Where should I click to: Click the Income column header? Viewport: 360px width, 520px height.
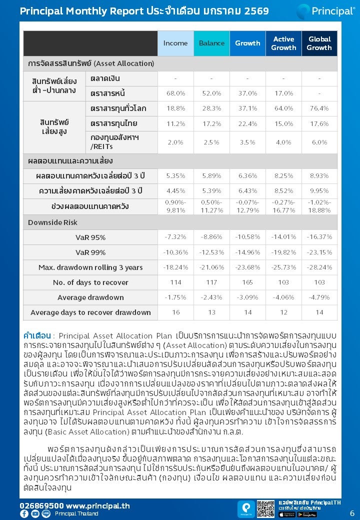point(175,43)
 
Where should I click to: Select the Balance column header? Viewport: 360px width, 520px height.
point(211,43)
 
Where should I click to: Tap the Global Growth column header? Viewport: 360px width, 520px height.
point(319,43)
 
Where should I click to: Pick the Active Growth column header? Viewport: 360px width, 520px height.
point(283,43)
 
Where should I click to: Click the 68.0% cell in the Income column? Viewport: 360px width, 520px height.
point(175,93)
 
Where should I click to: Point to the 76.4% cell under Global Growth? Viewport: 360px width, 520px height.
point(319,108)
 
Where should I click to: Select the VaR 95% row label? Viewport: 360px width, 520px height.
point(90,237)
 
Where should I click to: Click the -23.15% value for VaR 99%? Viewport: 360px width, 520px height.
point(319,252)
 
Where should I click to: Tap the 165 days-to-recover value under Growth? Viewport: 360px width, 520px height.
point(247,282)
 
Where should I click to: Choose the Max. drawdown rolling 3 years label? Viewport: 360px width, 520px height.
point(90,267)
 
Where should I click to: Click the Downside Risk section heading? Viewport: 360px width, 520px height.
point(52,222)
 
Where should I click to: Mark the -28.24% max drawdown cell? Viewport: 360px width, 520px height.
point(319,267)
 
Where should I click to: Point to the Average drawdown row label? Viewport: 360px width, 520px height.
point(90,297)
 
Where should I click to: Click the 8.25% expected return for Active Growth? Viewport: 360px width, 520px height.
point(283,176)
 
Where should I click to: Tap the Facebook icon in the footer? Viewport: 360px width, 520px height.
point(24,513)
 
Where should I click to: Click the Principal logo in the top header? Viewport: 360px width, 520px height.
point(325,11)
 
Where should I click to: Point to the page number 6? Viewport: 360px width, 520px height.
point(352,513)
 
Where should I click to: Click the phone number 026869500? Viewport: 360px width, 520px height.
point(41,505)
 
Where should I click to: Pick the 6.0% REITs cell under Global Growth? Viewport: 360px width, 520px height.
point(319,142)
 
